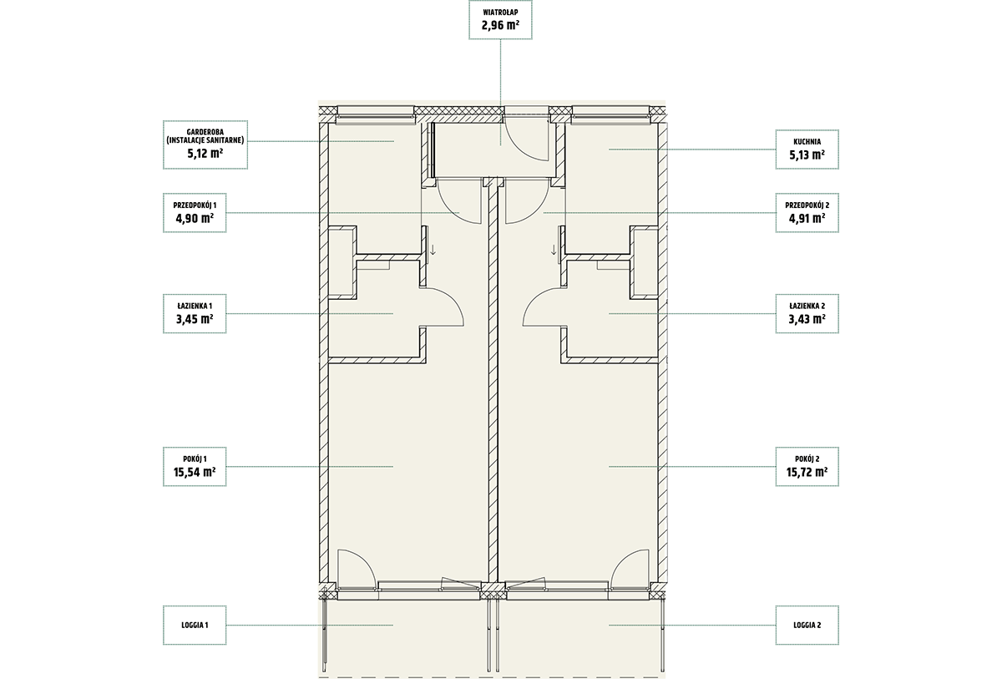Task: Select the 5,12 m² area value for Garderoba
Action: click(x=205, y=154)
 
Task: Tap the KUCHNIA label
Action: click(x=807, y=142)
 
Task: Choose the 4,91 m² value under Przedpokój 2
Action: click(x=807, y=218)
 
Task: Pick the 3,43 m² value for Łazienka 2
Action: click(x=807, y=319)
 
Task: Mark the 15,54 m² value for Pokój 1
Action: click(x=195, y=472)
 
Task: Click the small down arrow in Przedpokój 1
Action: click(x=433, y=250)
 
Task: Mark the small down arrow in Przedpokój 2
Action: click(x=554, y=250)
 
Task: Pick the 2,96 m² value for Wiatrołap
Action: click(x=500, y=24)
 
